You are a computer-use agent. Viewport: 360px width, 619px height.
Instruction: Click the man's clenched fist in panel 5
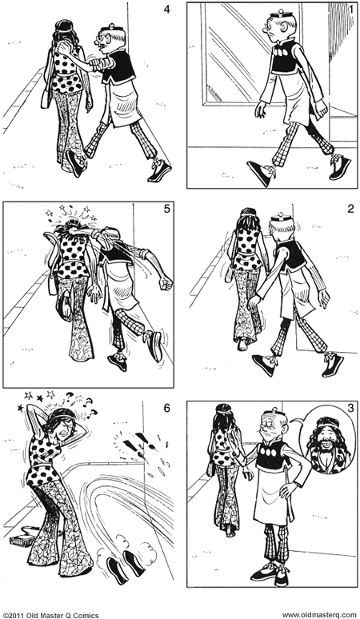[x=165, y=283]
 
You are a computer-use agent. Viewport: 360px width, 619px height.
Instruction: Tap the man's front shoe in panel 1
[x=259, y=171]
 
